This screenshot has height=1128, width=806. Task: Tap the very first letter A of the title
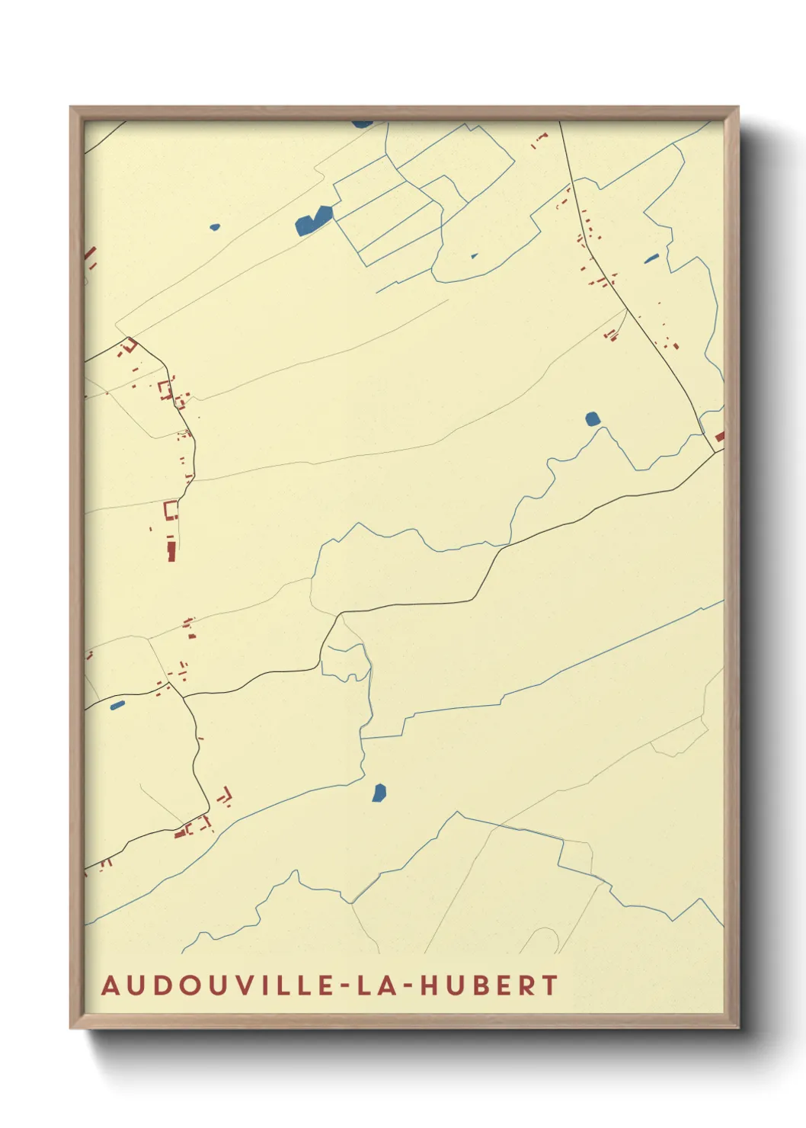click(x=110, y=985)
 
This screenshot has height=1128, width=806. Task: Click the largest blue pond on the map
click(x=313, y=220)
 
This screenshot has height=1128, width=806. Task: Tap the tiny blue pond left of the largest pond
click(x=215, y=226)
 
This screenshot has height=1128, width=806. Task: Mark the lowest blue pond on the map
click(x=379, y=793)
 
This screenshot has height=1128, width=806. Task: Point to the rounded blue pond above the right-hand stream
click(x=593, y=418)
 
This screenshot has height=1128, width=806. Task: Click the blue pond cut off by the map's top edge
click(x=362, y=123)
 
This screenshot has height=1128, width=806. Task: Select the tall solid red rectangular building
click(x=171, y=548)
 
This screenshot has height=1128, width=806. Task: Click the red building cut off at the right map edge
click(x=719, y=437)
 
